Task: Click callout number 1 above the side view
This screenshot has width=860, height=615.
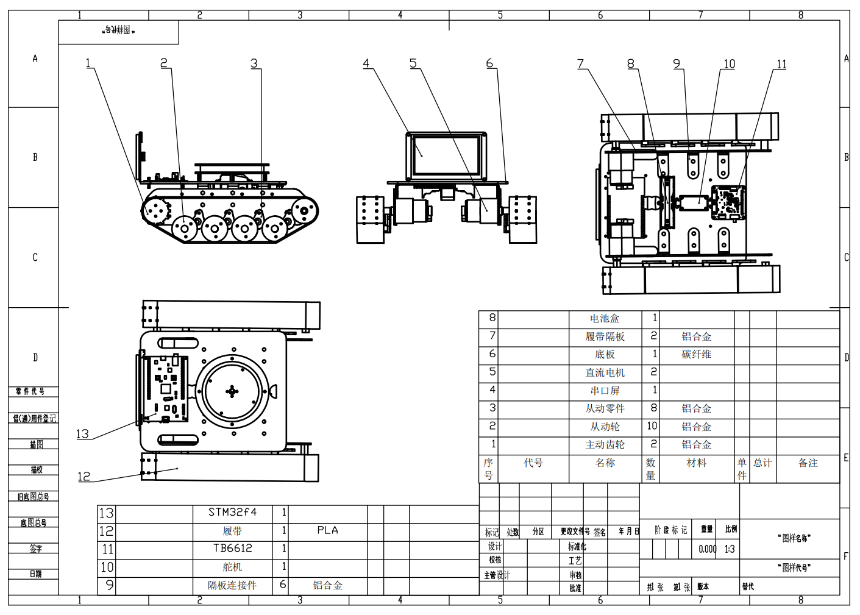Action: coord(88,63)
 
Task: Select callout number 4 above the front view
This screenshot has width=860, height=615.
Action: coord(366,63)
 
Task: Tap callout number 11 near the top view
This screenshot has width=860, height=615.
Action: coord(781,64)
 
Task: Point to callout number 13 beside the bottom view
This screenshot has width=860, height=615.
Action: coord(82,434)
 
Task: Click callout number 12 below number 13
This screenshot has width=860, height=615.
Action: coord(84,477)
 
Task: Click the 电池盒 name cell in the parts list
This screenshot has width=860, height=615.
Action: coord(605,318)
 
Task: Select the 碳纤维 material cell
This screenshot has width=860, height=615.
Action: coord(696,354)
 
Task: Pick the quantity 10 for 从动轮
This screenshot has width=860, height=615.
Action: coord(652,426)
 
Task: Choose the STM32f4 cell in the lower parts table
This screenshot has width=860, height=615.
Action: coord(232,512)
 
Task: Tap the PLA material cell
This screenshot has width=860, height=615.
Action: coord(327,530)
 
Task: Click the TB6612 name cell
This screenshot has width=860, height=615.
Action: coord(232,549)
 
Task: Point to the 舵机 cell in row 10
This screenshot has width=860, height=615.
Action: coord(232,567)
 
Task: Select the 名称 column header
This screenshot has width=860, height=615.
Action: coord(605,463)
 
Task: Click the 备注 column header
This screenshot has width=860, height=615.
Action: coord(808,463)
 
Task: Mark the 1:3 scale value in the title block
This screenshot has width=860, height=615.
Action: coord(730,549)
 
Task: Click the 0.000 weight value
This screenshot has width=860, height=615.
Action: coord(707,549)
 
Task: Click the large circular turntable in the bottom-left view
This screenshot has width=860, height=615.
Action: coord(232,391)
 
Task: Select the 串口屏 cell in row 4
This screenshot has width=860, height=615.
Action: coord(605,390)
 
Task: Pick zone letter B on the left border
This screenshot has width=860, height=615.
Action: coord(35,157)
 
